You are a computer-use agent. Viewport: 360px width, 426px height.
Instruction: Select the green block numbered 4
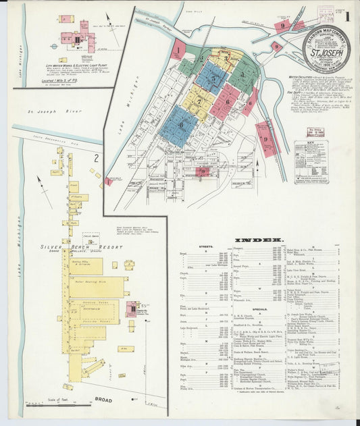240,72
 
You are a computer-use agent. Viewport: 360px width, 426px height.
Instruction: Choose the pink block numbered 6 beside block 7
228,101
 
